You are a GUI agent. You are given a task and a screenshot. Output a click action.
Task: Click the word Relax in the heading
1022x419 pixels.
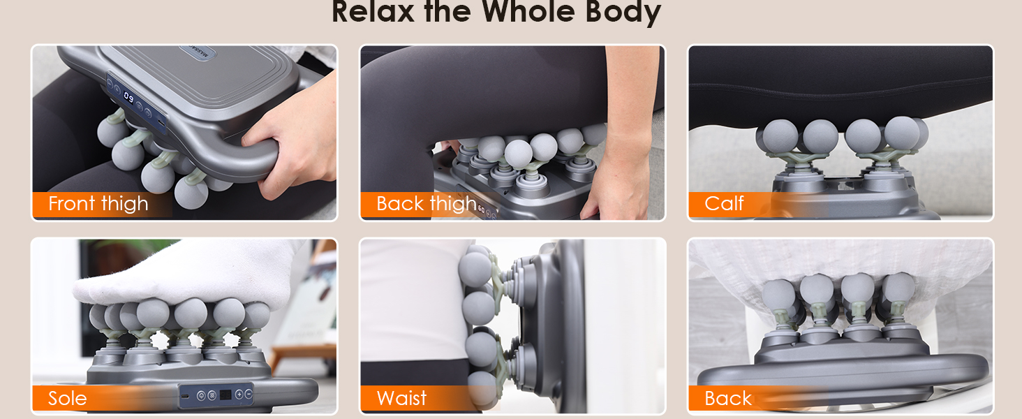pyautogui.click(x=373, y=11)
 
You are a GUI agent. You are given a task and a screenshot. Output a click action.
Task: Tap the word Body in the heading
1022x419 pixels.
pyautogui.click(x=623, y=13)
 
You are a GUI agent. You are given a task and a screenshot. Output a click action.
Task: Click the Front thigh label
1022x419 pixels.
pyautogui.click(x=98, y=204)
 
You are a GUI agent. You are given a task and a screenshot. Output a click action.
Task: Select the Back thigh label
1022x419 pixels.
pyautogui.click(x=426, y=204)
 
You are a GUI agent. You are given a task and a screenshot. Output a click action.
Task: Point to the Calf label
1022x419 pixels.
pyautogui.click(x=724, y=203)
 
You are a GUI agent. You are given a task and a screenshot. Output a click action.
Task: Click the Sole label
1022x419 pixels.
pyautogui.click(x=68, y=399)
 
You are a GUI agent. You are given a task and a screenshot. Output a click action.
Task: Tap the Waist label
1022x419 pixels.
pyautogui.click(x=401, y=398)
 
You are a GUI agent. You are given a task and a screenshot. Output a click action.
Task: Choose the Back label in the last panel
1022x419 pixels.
pyautogui.click(x=727, y=399)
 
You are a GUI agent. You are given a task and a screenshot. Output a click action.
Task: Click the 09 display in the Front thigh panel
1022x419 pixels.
pyautogui.click(x=128, y=96)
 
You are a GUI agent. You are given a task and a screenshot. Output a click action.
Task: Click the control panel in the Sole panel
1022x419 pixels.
pyautogui.click(x=216, y=395)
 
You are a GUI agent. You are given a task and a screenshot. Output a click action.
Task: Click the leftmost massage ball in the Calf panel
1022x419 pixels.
pyautogui.click(x=780, y=136)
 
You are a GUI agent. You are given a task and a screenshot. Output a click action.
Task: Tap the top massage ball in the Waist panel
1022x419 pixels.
pyautogui.click(x=475, y=270)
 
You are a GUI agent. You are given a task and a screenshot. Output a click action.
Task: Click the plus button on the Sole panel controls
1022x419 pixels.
pyautogui.click(x=239, y=395)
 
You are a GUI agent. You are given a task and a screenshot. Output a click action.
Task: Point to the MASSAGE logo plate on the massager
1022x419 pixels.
pyautogui.click(x=197, y=52)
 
